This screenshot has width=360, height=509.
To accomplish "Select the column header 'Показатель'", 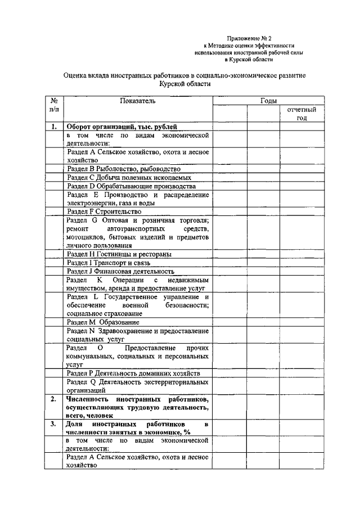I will coord(138,101).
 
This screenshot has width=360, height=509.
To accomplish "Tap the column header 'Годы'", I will coord(268,101).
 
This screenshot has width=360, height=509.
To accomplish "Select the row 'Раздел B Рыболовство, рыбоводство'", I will coord(123,168).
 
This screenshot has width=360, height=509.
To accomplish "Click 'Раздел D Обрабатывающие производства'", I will coord(130,186).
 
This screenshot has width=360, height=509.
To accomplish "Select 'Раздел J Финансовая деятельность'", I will coord(120,271).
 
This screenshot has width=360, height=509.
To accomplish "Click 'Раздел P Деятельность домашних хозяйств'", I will coord(132,373).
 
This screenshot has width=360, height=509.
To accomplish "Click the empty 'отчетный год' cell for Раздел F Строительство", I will coord(301,211).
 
